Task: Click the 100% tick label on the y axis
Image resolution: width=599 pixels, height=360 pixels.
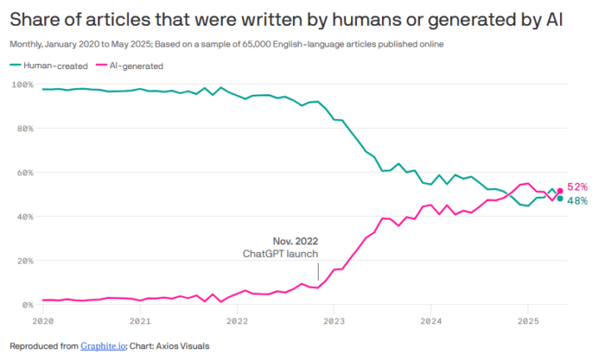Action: [22, 85]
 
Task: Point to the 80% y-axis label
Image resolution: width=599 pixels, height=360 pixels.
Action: [23, 129]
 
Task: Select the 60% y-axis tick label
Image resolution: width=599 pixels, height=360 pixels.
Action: [23, 173]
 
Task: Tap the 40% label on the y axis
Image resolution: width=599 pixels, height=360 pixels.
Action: [23, 217]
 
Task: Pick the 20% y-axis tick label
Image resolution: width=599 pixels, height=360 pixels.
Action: [23, 261]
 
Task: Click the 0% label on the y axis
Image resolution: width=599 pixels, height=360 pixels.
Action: [26, 305]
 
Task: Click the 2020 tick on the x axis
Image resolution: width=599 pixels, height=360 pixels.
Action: [42, 319]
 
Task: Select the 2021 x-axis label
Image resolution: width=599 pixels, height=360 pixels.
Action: [140, 319]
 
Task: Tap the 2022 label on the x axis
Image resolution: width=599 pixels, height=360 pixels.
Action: [237, 319]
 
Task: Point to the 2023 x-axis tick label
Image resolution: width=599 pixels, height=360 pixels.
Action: [334, 319]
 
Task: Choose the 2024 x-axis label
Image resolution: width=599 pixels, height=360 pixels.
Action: [431, 319]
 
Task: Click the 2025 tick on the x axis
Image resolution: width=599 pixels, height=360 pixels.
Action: [527, 319]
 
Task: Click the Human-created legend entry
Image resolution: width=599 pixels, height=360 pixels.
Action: [48, 65]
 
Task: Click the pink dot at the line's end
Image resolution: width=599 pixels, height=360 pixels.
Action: [560, 190]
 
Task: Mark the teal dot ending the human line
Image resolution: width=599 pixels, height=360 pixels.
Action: [560, 199]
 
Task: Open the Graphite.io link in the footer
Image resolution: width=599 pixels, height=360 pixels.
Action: [104, 346]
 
